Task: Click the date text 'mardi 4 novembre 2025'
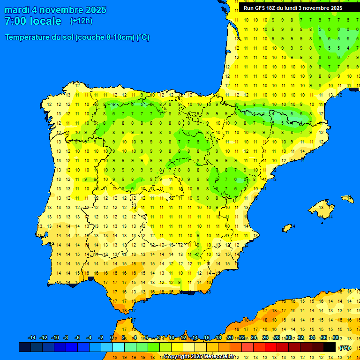55,10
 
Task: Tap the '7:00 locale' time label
33,21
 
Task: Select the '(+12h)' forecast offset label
81,21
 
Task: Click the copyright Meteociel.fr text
199,357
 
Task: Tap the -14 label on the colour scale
32,338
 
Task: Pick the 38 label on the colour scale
335,338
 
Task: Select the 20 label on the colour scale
230,338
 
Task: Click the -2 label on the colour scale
100,338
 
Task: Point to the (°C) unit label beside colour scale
345,348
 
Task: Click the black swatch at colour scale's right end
330,347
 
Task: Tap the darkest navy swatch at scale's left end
25,347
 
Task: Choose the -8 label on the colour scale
66,338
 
